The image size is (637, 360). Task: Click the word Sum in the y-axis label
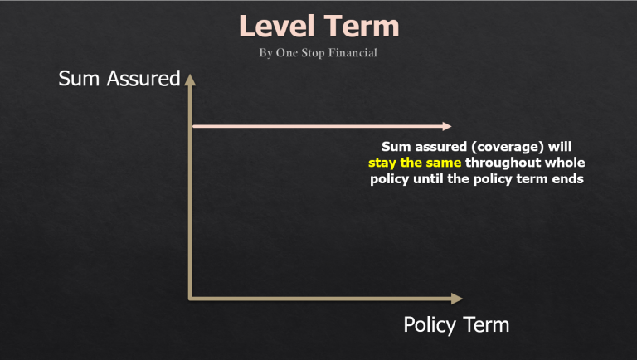tap(75, 79)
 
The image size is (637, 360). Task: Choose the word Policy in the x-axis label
tap(430, 324)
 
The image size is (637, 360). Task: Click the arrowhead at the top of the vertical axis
tap(191, 80)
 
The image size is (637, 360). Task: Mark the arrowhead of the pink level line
tap(447, 126)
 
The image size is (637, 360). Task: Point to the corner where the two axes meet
tap(192, 297)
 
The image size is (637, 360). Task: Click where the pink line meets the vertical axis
tap(192, 126)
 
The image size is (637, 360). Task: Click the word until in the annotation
tap(434, 179)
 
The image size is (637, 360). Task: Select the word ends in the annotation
tap(569, 179)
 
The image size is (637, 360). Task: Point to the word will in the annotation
tap(560, 147)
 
